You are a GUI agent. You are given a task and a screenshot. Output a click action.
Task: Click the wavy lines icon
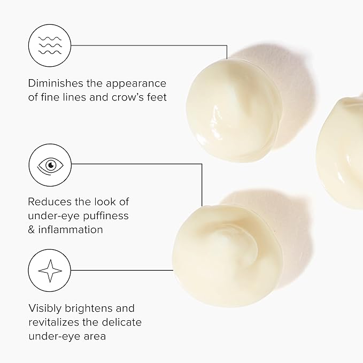tap(50, 45)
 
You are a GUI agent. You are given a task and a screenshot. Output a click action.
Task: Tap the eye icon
tap(50, 166)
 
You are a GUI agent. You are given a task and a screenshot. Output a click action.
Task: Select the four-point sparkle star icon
tap(50, 271)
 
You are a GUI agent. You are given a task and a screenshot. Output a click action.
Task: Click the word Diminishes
tap(55, 83)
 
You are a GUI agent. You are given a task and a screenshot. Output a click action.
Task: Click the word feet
tap(157, 97)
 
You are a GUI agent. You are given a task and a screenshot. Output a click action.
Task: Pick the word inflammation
tap(71, 230)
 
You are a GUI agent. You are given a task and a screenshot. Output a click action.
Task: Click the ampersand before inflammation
tap(31, 230)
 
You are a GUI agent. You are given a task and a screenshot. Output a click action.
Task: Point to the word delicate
tap(122, 322)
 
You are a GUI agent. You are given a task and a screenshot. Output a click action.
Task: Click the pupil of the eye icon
tap(51, 165)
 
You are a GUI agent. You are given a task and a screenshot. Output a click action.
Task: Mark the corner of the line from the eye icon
tap(202, 164)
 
